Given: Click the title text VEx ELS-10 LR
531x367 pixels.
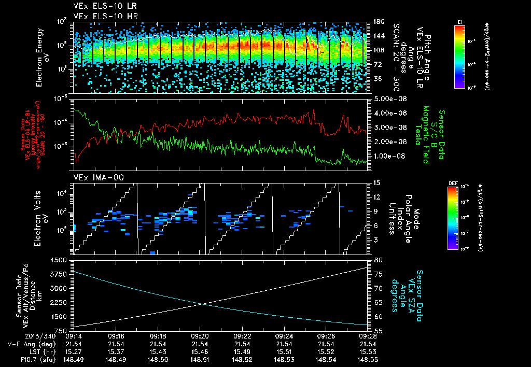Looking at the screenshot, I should click(x=102, y=7).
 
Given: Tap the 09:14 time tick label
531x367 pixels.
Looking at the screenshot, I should click(x=74, y=336).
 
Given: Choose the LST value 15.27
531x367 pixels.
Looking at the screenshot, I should click(x=74, y=351).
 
